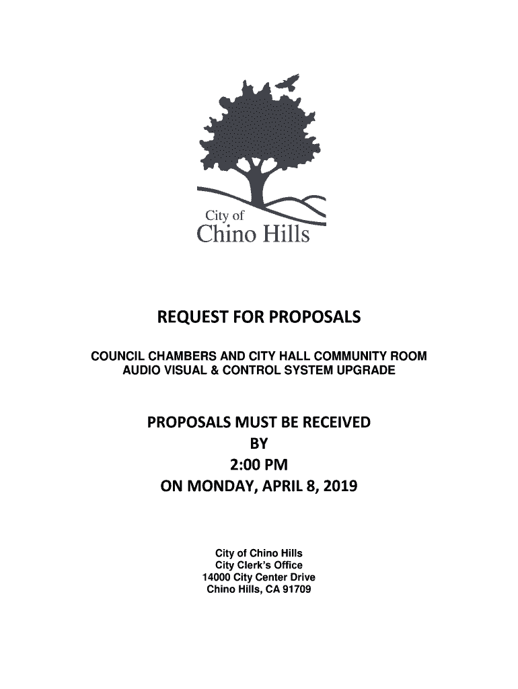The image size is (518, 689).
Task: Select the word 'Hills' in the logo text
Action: click(283, 234)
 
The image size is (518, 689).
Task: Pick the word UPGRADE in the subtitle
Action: click(369, 370)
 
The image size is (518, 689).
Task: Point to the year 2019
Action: click(340, 485)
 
